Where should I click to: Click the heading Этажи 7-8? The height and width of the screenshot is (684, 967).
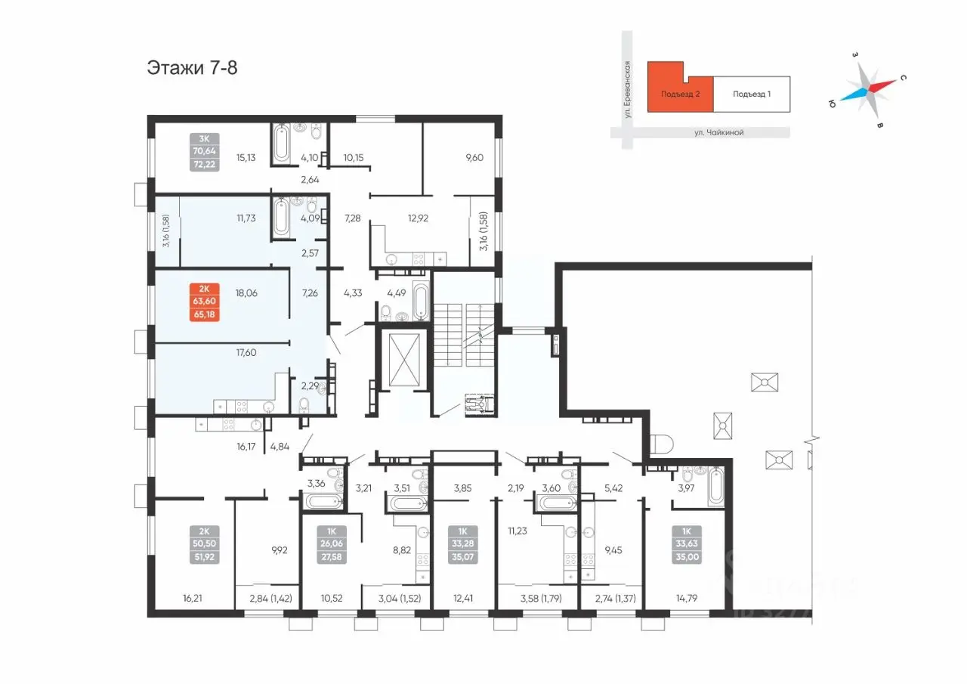coord(192,68)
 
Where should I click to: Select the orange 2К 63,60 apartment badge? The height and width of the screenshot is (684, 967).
coord(204,302)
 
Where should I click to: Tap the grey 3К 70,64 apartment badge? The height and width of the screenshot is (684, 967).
coord(204,152)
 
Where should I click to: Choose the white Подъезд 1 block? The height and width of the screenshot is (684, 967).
coord(752,94)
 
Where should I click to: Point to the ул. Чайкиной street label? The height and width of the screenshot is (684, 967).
coord(718,132)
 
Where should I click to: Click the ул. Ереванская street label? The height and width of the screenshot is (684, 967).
coord(627,89)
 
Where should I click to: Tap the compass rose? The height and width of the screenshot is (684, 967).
coord(868,91)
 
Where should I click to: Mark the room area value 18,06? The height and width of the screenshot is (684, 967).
coord(246,293)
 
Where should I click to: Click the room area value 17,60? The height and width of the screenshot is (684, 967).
coord(246,353)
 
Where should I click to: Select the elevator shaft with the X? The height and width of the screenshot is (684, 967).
coord(404,359)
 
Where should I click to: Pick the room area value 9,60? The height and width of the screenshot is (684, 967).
coord(474,158)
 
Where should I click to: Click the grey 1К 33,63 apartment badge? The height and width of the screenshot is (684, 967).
coord(687,544)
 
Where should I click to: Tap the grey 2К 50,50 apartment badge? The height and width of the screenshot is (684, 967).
coord(204,544)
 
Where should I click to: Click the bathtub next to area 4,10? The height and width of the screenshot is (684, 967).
coord(282,144)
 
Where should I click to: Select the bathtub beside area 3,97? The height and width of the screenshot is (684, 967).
coord(715,487)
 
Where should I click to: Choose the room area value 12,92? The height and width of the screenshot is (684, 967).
coord(418,218)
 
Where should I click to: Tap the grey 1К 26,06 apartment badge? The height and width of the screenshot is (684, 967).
coord(331,544)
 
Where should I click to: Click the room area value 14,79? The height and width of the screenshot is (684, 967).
coord(687,599)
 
